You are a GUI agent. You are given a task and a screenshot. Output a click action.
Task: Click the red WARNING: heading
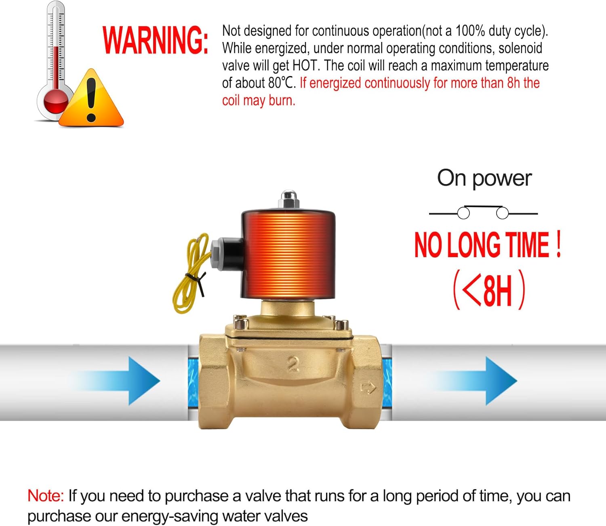pos(155,40)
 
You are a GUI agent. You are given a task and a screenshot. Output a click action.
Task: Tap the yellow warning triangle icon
pos(91,98)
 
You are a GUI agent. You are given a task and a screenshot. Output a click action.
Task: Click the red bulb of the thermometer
pos(56,101)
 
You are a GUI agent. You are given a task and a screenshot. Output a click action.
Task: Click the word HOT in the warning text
pos(306,66)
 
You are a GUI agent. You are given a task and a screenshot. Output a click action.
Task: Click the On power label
pos(484,179)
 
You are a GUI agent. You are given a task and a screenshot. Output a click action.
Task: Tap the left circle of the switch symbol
pos(463,213)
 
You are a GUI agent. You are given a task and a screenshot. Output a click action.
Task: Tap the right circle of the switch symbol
pos(502,213)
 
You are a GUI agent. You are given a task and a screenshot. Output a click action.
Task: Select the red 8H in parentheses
pos(498,291)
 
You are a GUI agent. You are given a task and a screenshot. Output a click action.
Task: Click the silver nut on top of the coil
pos(288,199)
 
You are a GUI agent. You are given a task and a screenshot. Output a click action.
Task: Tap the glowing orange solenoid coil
pos(288,254)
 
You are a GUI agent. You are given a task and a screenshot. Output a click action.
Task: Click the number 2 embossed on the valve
pos(293,365)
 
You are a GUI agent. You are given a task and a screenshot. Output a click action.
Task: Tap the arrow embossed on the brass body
pos(368,388)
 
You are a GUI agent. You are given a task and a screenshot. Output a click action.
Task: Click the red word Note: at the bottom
pos(46,496)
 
